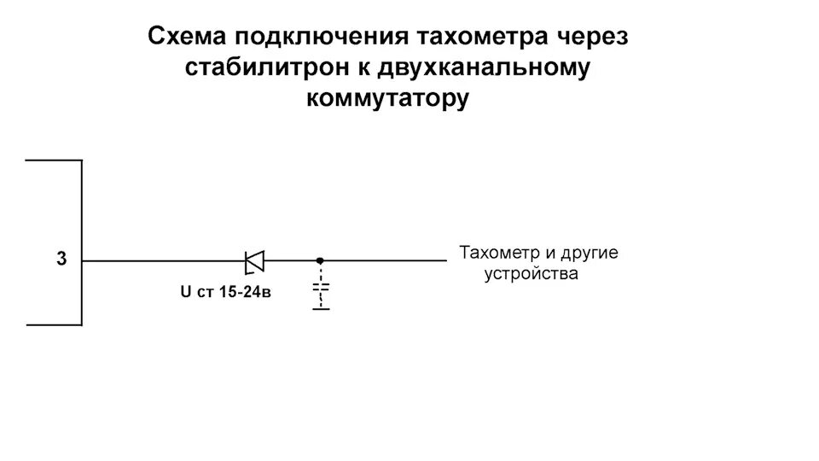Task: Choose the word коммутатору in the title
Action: (x=387, y=98)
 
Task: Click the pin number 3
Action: (x=61, y=260)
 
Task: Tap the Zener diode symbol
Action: (x=253, y=260)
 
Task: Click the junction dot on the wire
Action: (x=320, y=260)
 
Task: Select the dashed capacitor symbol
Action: (x=321, y=290)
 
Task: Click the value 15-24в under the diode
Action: (x=244, y=292)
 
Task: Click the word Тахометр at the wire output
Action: (x=499, y=254)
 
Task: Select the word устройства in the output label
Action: (x=531, y=275)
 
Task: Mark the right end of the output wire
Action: (x=444, y=260)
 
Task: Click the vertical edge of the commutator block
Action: (x=82, y=213)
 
